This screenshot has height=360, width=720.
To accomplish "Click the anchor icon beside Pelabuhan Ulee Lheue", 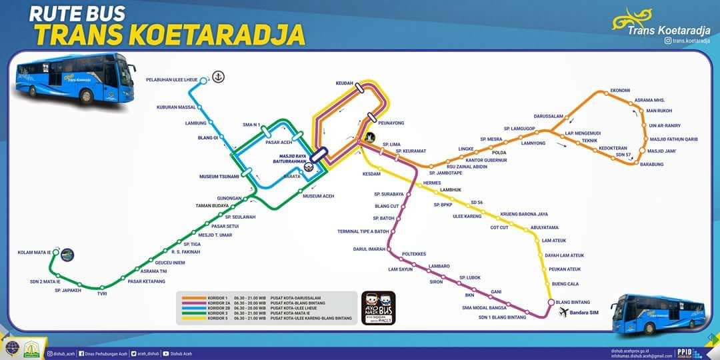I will (218, 77).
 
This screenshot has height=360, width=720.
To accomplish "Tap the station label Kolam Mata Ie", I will (35, 253).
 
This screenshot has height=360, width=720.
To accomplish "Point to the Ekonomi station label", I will (620, 91).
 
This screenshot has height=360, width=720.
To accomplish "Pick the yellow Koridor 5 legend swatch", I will (194, 319).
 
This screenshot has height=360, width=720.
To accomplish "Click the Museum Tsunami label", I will (219, 177).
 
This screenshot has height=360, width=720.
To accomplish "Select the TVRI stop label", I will (102, 293).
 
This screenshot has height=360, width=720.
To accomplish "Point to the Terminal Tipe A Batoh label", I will (364, 231).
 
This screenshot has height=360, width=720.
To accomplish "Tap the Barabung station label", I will (651, 165).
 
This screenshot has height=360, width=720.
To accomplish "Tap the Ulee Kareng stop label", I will (467, 216).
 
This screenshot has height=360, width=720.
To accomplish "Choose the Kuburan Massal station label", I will (176, 107).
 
